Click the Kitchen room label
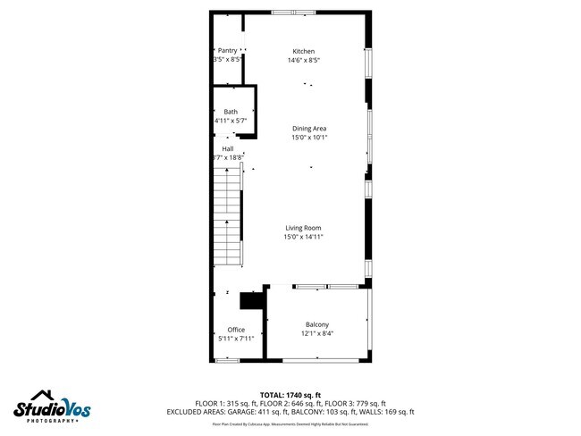point(304,51)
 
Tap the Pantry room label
point(227,51)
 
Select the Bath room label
point(231,112)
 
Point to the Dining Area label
point(309,129)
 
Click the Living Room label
point(303,228)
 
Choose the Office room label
point(236,330)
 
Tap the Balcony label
point(317,324)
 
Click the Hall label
point(228,148)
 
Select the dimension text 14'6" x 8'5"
point(304,61)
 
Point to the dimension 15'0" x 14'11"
point(303,237)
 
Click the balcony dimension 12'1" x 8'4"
point(317,334)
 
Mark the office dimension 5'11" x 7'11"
point(236,339)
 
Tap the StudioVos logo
point(51,407)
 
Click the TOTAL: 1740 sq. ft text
point(290,395)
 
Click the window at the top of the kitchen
point(286,12)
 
